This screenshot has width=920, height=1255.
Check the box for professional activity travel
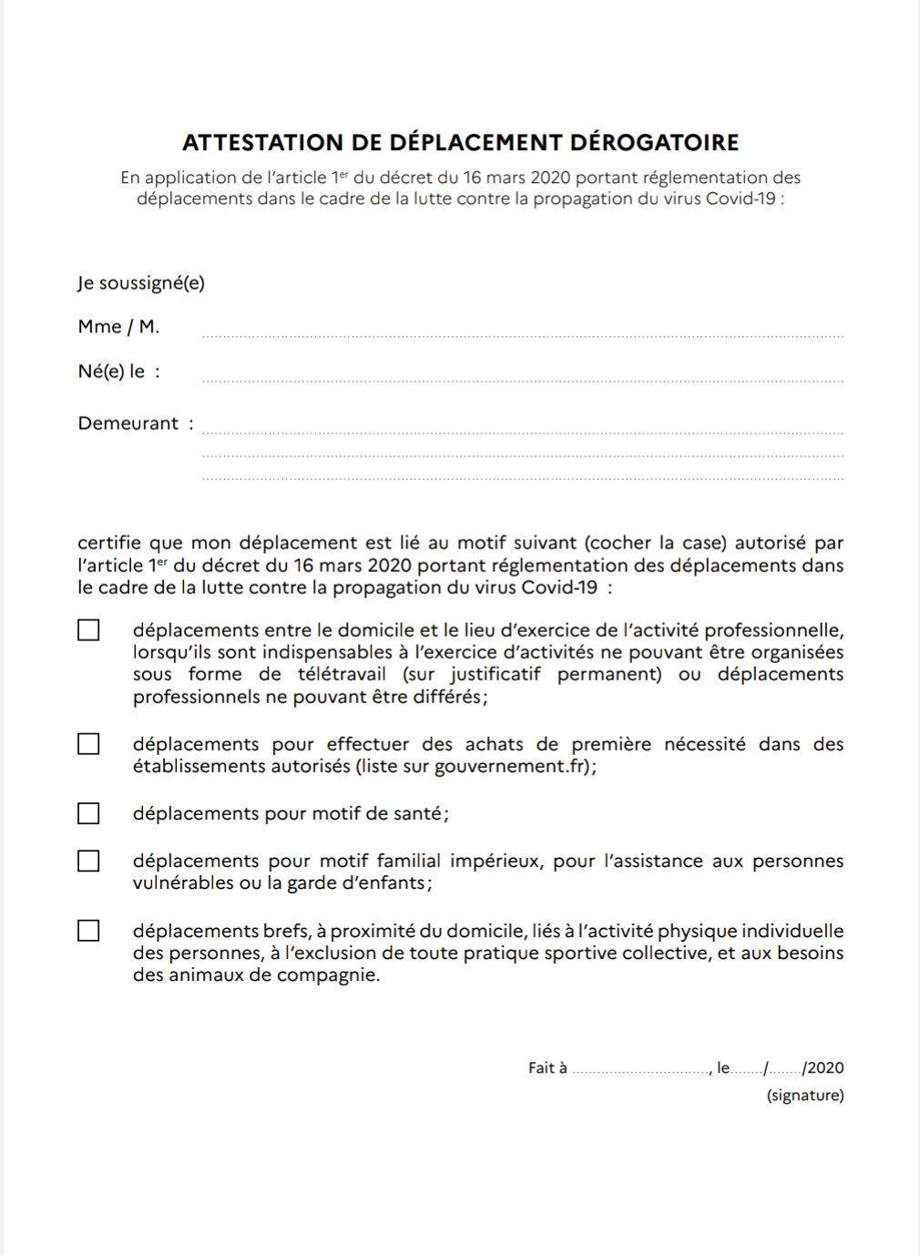coord(88,630)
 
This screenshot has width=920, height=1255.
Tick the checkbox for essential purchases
coord(88,744)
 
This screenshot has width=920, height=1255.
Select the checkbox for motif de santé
coord(88,813)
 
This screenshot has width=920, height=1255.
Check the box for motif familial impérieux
coord(88,861)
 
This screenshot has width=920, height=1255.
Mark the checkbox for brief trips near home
coord(88,931)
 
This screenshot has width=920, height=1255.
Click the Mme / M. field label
coord(118,327)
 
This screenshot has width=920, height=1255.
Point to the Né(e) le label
coord(118,372)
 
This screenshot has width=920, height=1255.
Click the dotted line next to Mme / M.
coord(522,335)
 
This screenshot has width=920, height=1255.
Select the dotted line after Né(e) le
coord(522,380)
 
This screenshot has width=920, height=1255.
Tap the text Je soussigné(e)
coord(141,283)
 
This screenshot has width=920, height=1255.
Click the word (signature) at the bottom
coord(805,1096)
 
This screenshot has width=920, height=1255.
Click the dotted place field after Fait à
coord(640,1072)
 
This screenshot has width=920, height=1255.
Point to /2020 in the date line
coord(823,1068)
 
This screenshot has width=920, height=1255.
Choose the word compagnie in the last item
coord(331,975)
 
